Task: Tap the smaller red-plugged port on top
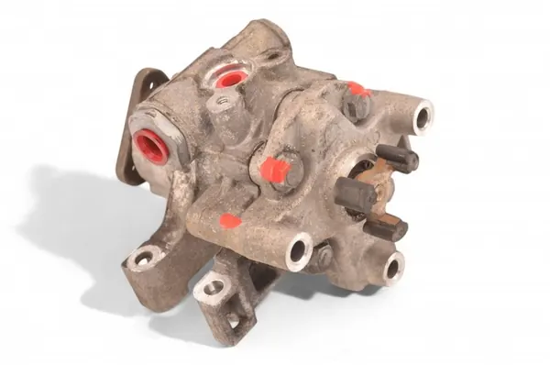[230, 78]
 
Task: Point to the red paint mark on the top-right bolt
[357, 90]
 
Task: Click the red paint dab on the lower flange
[230, 221]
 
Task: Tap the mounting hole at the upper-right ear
[423, 116]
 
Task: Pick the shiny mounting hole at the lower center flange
[299, 251]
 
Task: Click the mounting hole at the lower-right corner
[393, 267]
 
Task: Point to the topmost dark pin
[400, 157]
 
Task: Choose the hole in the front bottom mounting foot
[213, 288]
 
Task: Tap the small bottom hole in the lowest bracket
[233, 319]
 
